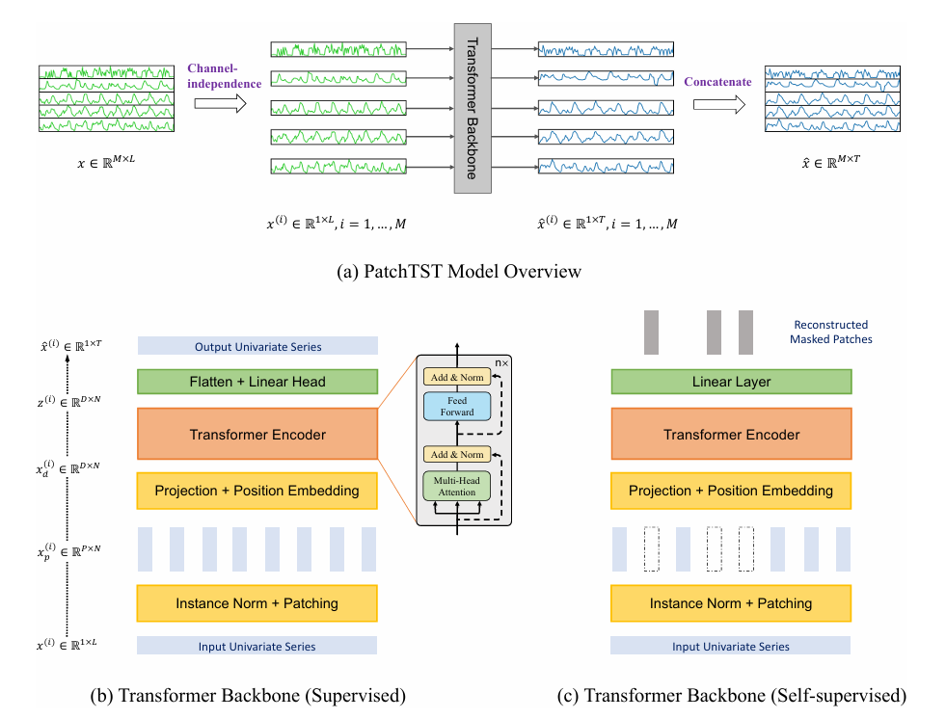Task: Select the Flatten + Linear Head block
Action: coord(257,382)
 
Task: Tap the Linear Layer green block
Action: coord(731,382)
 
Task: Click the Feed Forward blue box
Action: coord(457,406)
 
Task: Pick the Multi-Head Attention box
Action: coord(457,486)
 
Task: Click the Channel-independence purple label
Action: coord(224,76)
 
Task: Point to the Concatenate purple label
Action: coord(717,82)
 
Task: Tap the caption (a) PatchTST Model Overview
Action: coord(473,271)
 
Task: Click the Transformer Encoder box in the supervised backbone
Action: coord(257,435)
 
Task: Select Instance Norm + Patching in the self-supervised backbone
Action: coord(731,603)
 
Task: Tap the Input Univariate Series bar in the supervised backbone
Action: coord(257,647)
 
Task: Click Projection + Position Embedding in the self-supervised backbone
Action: coord(731,491)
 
